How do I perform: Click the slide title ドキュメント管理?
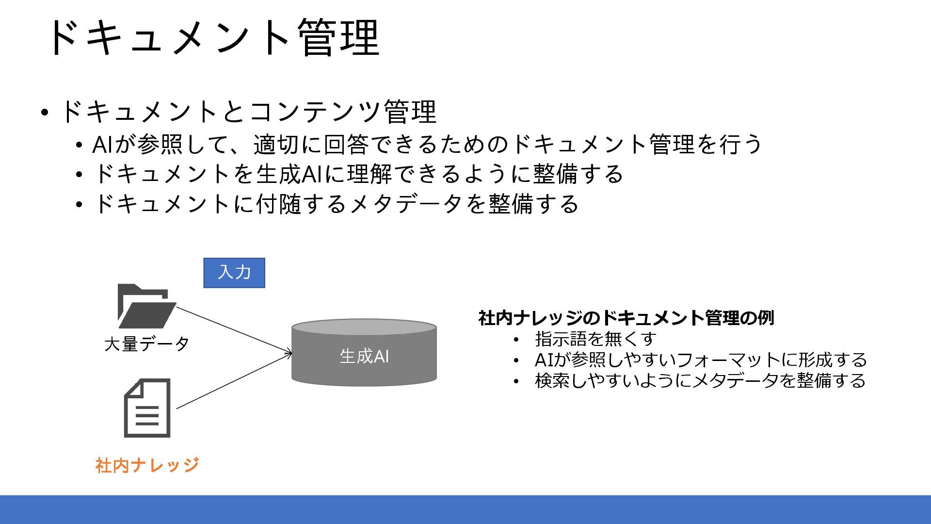coord(213,38)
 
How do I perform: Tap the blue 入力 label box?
coord(234,273)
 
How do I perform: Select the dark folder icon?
coord(146,307)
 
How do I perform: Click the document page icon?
coord(147,408)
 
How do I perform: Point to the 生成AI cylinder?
coord(364,353)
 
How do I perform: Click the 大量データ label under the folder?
coord(146,344)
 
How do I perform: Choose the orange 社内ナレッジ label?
coord(147,465)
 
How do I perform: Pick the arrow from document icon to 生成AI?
coord(234,381)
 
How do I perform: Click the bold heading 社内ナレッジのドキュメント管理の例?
coord(626,318)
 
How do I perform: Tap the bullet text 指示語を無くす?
coord(595,339)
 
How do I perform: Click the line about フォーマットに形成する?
coord(700,360)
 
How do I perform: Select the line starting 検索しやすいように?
coord(700,380)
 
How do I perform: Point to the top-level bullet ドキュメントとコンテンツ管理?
coord(248,112)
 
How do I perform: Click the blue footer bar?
coord(465,509)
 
